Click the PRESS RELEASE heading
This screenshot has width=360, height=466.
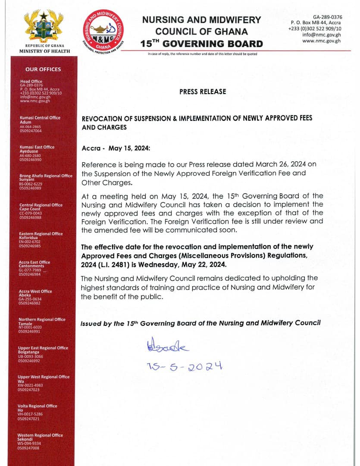202,91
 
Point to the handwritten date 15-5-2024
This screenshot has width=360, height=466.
184,366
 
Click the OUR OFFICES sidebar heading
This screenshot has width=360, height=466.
43,69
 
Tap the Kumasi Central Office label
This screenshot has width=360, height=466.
40,118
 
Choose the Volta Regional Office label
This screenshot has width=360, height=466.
37,406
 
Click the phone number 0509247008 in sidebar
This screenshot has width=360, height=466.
28,448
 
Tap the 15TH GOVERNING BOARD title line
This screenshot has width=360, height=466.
201,44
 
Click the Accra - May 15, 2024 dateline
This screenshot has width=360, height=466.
116,148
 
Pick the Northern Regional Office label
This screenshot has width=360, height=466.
42,319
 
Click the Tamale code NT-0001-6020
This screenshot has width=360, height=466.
30,327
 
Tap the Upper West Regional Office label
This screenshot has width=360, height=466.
44,377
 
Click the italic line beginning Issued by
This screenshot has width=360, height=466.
200,323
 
